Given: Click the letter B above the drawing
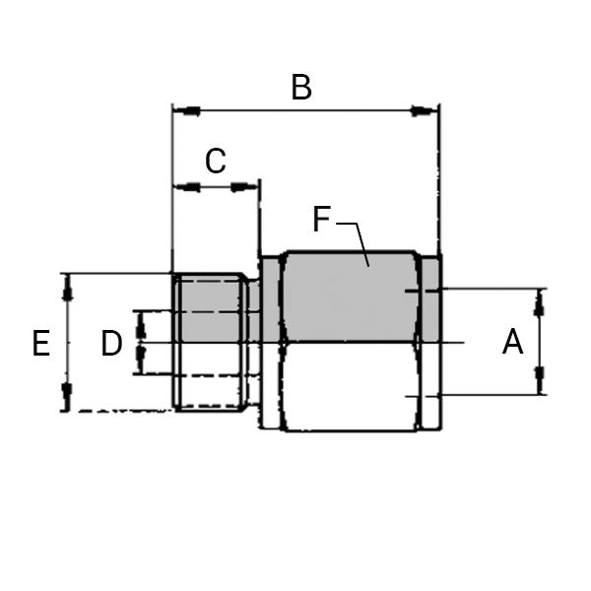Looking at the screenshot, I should click(x=301, y=88).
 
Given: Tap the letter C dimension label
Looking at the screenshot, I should click(x=216, y=162).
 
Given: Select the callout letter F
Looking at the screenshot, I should click(x=321, y=220).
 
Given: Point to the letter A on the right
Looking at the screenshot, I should click(x=512, y=343).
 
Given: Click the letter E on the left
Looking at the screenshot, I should click(x=40, y=344).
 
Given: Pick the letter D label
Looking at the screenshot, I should click(x=111, y=344).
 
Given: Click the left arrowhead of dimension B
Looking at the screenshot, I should click(x=186, y=110).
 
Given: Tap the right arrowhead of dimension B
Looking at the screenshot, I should click(x=425, y=110).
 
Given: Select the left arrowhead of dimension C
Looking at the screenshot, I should click(x=185, y=186).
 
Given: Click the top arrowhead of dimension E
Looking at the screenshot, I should click(x=67, y=288).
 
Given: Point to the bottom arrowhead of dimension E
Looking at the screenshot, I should click(x=67, y=396).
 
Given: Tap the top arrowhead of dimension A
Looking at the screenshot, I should click(x=540, y=304).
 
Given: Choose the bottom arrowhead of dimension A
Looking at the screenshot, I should click(x=540, y=379).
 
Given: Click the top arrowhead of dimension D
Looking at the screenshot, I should click(x=140, y=322).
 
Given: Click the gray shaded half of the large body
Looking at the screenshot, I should click(x=345, y=300).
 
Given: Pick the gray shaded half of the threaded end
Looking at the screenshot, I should click(x=208, y=309).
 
